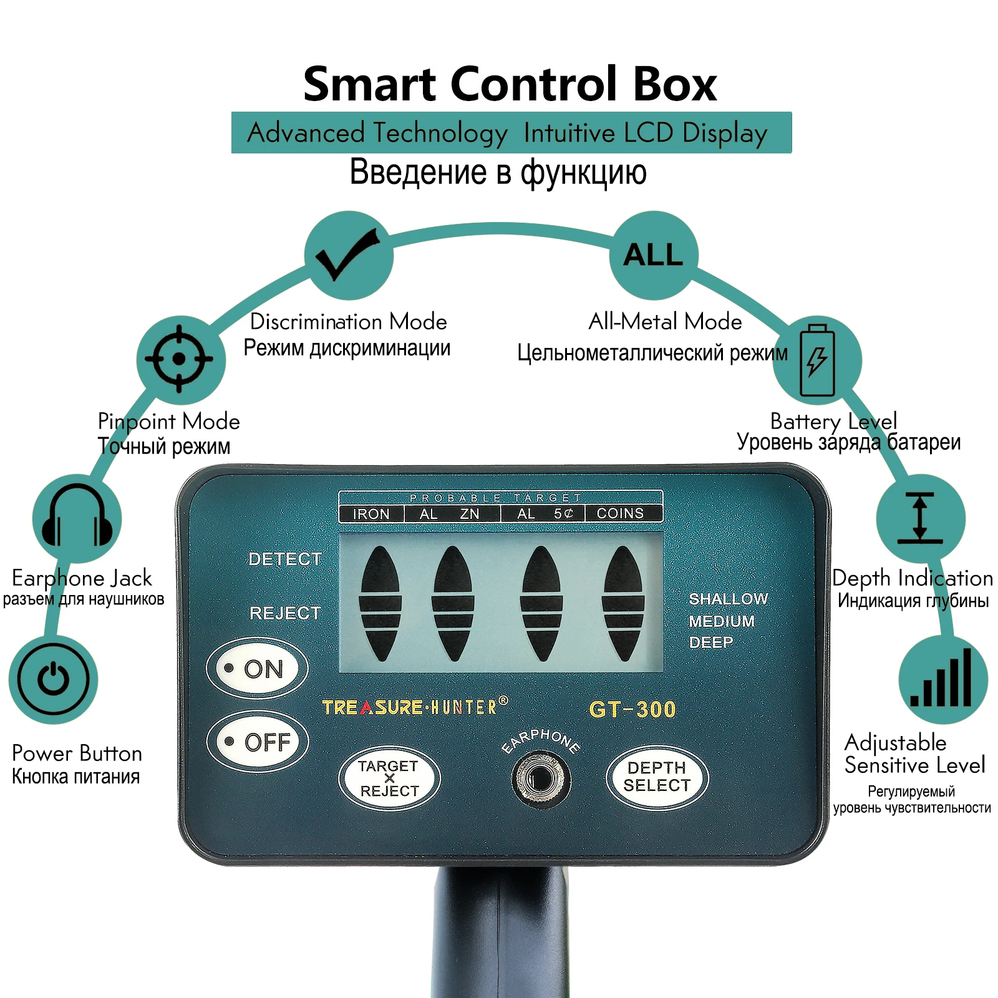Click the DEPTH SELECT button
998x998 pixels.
point(657,777)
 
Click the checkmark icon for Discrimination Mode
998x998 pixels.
point(348,255)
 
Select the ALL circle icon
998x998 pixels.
point(653,255)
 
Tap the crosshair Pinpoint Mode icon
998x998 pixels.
point(180,359)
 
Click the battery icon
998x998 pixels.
point(817,360)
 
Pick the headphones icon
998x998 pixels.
point(77,518)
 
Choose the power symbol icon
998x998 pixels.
point(54,679)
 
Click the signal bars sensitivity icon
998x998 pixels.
point(942,679)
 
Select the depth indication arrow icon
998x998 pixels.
point(920,518)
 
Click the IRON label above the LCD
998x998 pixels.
point(371,514)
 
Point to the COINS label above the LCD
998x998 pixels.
point(620,513)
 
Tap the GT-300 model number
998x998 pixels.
point(632,709)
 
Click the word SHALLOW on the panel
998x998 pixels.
point(728,599)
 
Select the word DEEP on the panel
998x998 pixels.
point(711,642)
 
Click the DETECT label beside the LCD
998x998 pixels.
point(285,559)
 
